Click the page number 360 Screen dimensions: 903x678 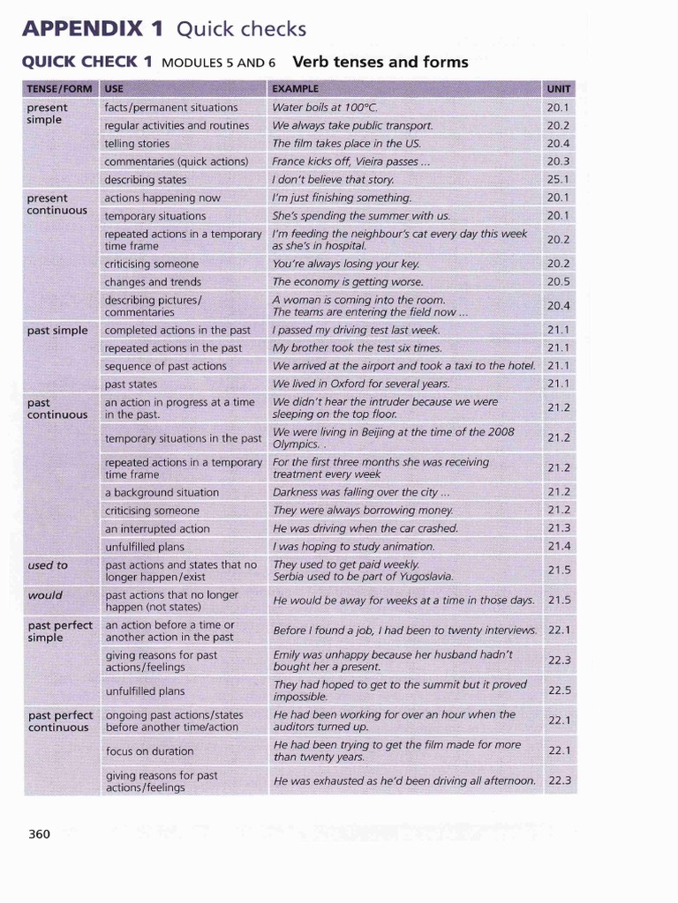pyautogui.click(x=40, y=833)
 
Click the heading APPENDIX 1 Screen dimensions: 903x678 pyautogui.click(x=93, y=29)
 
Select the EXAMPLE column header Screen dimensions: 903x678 pyautogui.click(x=295, y=88)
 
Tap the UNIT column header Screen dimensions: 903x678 pyautogui.click(x=559, y=88)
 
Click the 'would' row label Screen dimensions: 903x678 pyautogui.click(x=44, y=595)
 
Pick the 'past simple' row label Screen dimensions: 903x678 pyautogui.click(x=57, y=331)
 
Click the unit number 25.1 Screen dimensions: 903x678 pyautogui.click(x=559, y=180)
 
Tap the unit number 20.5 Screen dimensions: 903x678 pyautogui.click(x=559, y=282)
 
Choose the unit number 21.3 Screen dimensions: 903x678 pyautogui.click(x=559, y=528)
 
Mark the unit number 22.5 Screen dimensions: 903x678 pyautogui.click(x=560, y=690)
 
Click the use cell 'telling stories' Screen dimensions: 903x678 pyautogui.click(x=137, y=144)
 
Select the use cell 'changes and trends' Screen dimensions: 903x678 pyautogui.click(x=153, y=282)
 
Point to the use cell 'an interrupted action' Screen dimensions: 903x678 pyautogui.click(x=157, y=529)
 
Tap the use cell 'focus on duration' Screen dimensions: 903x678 pyautogui.click(x=149, y=751)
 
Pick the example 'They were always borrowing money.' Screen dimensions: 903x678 pyautogui.click(x=363, y=511)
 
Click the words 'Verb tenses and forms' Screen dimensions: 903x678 pyautogui.click(x=380, y=62)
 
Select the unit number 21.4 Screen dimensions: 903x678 pyautogui.click(x=559, y=547)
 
